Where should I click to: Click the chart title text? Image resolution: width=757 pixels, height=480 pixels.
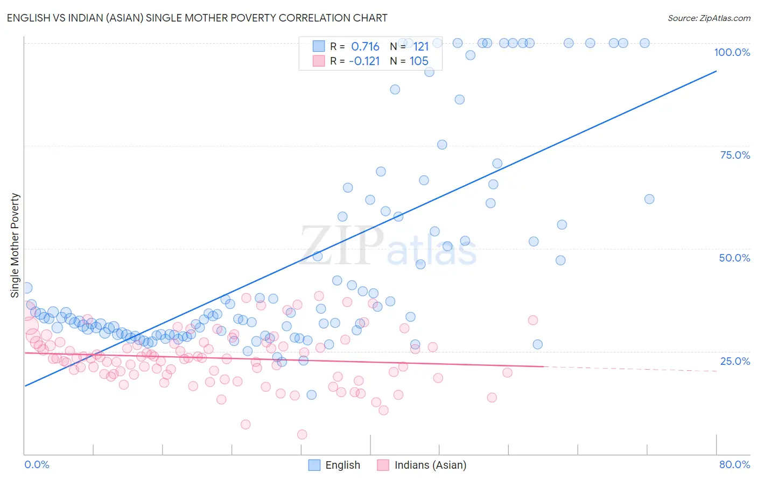[197, 18]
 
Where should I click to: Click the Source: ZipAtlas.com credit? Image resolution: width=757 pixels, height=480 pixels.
[709, 18]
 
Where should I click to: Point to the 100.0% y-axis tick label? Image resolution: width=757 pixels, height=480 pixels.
[732, 52]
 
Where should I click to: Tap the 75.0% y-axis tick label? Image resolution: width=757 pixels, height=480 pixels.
[734, 155]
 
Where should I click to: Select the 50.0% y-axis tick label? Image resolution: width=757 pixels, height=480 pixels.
[734, 258]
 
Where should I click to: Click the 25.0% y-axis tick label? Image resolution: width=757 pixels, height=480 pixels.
[734, 361]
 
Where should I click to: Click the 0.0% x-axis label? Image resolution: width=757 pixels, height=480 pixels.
[37, 464]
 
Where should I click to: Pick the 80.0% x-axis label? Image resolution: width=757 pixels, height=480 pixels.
[734, 464]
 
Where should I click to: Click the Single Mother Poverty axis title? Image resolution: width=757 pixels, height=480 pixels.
[15, 245]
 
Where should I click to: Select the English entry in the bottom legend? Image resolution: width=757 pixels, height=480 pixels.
[342, 465]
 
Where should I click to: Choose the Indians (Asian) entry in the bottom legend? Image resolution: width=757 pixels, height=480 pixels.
[430, 465]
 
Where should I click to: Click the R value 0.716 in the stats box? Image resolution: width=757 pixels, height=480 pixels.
[365, 47]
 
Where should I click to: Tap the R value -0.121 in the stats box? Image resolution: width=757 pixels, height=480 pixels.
[364, 61]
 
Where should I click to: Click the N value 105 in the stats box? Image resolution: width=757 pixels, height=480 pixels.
[419, 61]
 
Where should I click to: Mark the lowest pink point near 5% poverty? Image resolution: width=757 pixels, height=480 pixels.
[302, 434]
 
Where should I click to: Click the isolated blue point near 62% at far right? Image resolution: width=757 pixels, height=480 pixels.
[649, 199]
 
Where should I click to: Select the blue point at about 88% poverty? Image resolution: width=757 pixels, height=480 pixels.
[395, 89]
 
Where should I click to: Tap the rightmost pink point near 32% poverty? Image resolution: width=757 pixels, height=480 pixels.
[533, 320]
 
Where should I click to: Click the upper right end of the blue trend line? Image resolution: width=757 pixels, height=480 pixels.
[716, 71]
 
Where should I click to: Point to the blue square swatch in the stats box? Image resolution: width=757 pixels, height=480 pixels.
[319, 46]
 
